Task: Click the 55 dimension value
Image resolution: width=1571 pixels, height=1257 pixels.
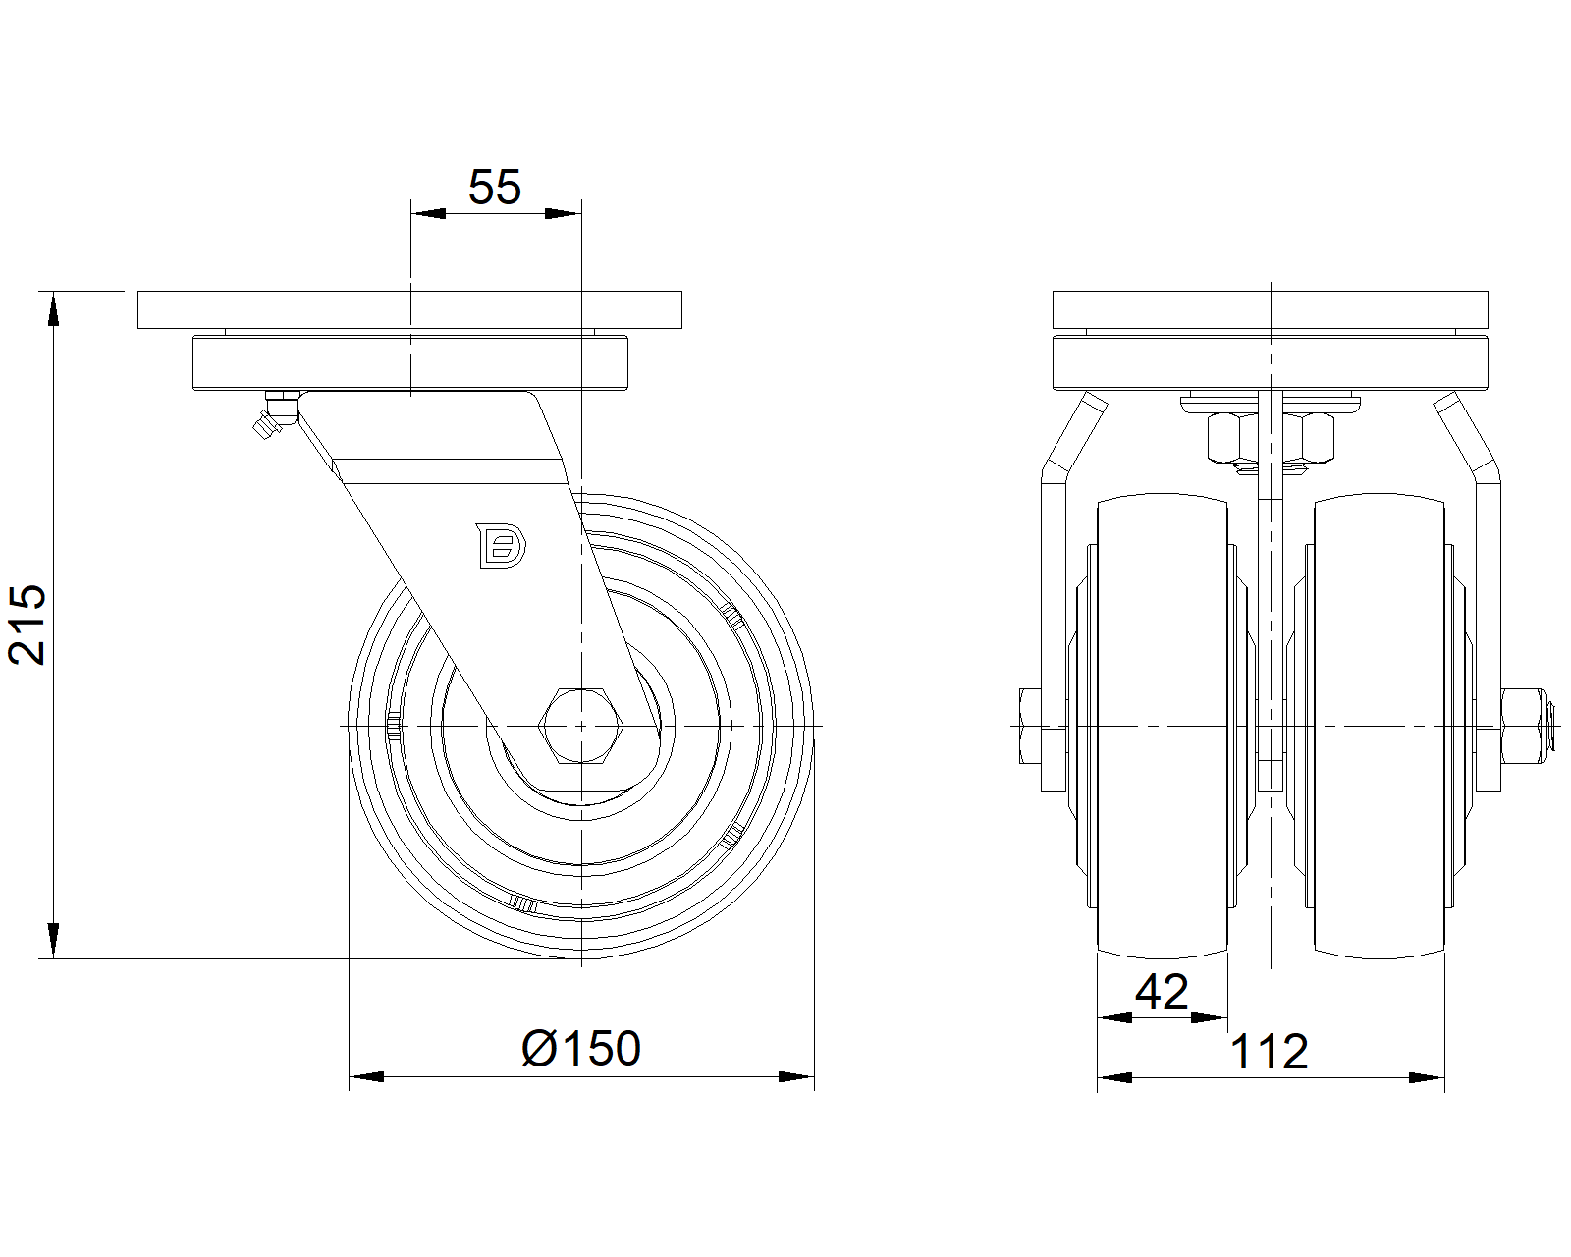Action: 494,187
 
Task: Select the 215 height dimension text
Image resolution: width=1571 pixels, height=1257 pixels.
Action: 27,625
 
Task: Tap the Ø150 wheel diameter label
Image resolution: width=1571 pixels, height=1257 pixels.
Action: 581,1048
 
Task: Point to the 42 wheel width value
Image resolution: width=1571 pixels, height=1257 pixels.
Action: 1162,992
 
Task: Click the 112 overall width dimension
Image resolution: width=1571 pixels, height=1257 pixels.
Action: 1270,1052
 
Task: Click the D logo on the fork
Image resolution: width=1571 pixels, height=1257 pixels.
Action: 501,545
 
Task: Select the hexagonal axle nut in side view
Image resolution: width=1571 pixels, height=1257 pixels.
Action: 580,726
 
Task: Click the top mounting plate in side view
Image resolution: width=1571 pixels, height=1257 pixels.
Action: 409,309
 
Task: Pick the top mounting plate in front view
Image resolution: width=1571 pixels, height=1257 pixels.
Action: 1271,309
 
